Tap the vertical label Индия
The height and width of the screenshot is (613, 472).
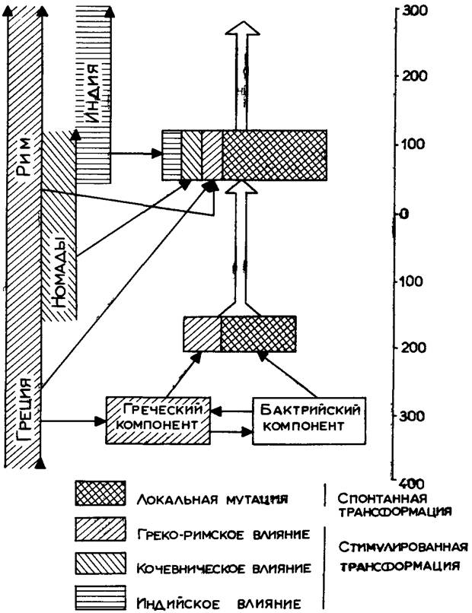click(x=93, y=88)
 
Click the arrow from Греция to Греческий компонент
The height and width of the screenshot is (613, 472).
click(x=72, y=419)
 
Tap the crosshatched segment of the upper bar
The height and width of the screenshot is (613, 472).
click(x=274, y=154)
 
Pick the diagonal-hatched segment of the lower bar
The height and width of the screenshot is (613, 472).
click(x=203, y=334)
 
